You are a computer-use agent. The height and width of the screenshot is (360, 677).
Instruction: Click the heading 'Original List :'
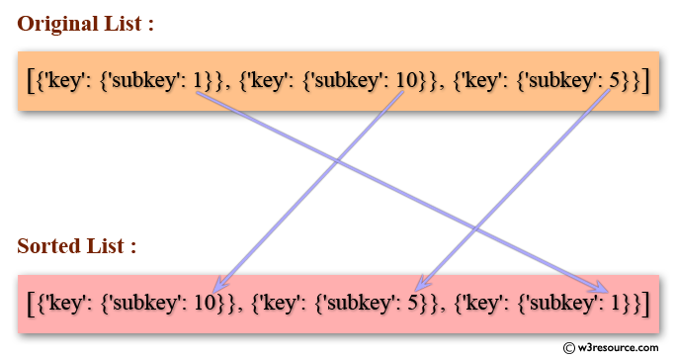pos(85,26)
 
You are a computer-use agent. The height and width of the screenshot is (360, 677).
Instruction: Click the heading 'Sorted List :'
pos(76,247)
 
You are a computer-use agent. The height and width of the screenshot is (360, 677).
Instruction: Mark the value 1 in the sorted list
pos(612,302)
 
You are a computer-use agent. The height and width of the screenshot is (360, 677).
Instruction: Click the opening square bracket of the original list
pos(32,82)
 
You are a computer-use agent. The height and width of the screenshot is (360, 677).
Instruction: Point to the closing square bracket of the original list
pos(643,82)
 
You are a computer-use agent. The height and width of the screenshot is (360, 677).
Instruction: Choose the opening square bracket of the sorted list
pos(32,302)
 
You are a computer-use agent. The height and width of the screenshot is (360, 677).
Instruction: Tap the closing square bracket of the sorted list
pos(643,302)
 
